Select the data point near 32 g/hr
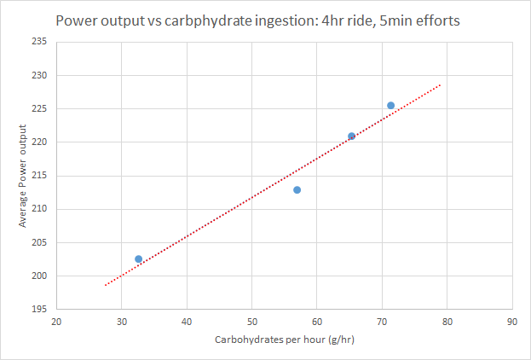[x=139, y=258]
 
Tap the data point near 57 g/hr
[x=297, y=189]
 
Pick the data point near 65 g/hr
[x=351, y=136]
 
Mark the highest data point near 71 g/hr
[x=390, y=106]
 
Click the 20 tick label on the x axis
[x=56, y=322]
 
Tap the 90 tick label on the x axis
[x=511, y=322]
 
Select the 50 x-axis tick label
[x=251, y=322]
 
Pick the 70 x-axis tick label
[x=382, y=322]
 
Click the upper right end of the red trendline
[x=440, y=84]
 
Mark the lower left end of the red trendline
[x=106, y=285]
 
